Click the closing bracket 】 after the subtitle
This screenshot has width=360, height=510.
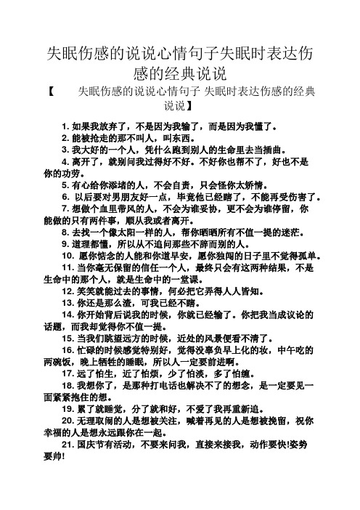coord(202,107)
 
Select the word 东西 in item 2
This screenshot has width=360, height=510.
coord(188,137)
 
